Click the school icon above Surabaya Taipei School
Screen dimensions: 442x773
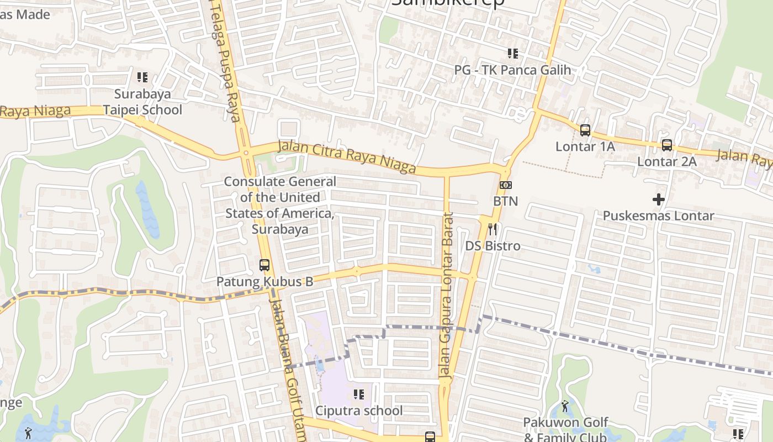(142, 77)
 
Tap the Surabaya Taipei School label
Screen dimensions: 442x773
(142, 102)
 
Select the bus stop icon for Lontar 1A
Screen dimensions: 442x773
(585, 130)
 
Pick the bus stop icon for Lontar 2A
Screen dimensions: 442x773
(667, 145)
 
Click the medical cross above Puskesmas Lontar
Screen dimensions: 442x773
(658, 199)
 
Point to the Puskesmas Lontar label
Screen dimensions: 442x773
(658, 215)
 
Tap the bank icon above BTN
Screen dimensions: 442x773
(505, 185)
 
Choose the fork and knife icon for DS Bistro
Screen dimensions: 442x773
(493, 229)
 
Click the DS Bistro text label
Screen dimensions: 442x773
(493, 246)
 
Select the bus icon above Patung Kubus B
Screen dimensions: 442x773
(264, 265)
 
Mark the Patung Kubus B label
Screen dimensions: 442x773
(264, 281)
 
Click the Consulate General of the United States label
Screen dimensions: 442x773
(280, 205)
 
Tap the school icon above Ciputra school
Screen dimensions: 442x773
(359, 394)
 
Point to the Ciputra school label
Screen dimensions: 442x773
(359, 411)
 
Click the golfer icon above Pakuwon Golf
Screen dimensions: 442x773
(564, 407)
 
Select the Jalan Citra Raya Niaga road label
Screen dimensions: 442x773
(347, 156)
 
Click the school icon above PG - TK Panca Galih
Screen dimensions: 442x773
(512, 54)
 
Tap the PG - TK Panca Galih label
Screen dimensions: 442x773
(512, 70)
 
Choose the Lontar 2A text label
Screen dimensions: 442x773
(667, 162)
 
